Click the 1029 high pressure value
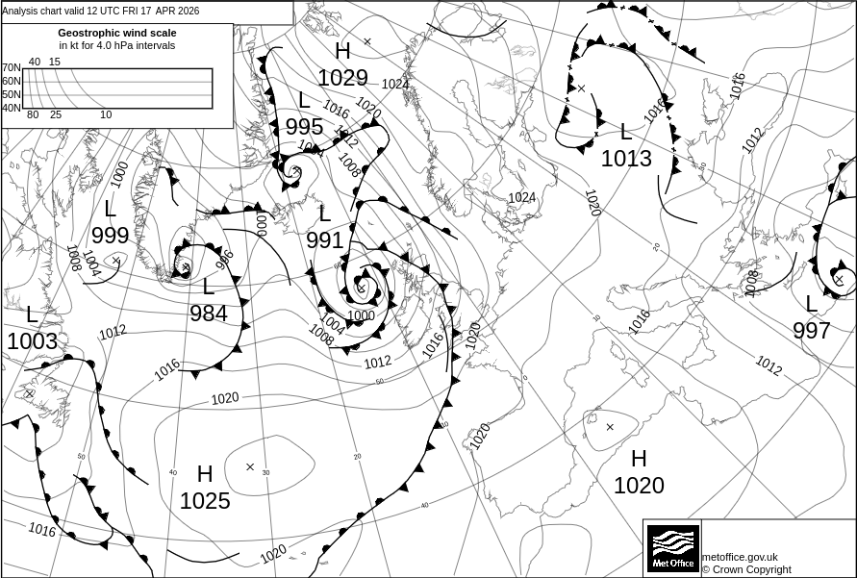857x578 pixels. tap(343, 78)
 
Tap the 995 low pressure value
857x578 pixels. tap(304, 127)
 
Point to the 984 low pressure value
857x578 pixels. tap(209, 314)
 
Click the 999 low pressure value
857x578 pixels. tap(111, 236)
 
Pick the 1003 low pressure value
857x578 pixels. tap(32, 341)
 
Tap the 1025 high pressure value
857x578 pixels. tap(205, 501)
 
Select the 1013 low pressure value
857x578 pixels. tap(626, 159)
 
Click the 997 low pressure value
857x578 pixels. tap(812, 331)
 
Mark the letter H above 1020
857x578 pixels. tap(639, 459)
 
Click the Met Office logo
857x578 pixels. tap(672, 548)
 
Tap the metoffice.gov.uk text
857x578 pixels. tap(740, 557)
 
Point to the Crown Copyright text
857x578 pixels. tap(746, 569)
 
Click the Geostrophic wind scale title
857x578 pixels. tap(117, 33)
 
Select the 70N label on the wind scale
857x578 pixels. tap(11, 68)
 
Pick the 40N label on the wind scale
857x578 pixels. tap(11, 108)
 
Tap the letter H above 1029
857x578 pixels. tap(343, 52)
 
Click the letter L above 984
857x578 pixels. tap(209, 287)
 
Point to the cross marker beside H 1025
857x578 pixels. tap(250, 467)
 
